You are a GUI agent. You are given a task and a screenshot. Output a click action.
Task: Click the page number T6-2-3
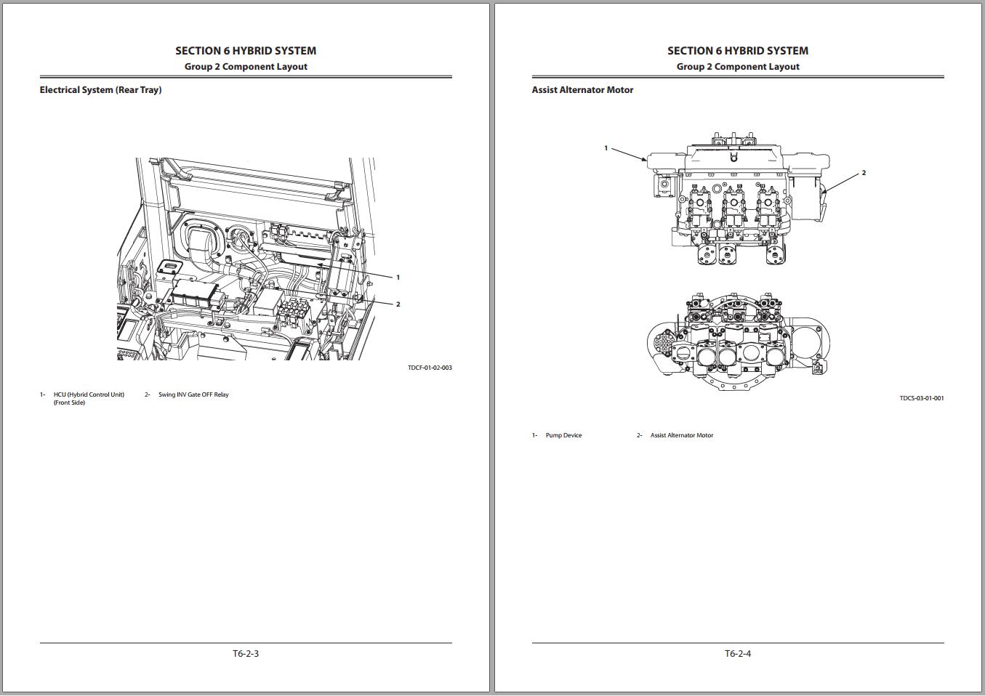coord(246,653)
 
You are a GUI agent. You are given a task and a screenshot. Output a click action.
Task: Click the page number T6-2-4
coord(738,653)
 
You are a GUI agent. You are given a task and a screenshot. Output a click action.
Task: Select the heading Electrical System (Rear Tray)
coord(100,90)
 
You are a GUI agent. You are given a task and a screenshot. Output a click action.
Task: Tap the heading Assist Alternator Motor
coord(582,90)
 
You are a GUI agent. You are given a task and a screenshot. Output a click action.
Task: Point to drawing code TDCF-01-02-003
coord(430,368)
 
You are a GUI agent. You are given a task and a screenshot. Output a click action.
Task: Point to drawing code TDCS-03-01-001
coord(922,398)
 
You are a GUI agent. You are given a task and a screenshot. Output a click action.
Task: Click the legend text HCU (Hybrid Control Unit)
coord(89,394)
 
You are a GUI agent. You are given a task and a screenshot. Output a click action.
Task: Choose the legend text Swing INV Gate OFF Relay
coord(193,394)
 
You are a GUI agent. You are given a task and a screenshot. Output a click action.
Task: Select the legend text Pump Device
coord(563,435)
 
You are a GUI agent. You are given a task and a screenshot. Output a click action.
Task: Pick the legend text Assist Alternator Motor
coord(682,435)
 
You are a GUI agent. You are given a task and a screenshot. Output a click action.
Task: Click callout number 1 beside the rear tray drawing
coord(398,278)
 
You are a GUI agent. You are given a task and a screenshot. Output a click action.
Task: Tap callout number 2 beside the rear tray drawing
coord(398,304)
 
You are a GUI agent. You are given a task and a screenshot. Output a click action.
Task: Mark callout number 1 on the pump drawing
coord(606,148)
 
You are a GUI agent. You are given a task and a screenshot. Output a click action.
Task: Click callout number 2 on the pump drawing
coord(864,173)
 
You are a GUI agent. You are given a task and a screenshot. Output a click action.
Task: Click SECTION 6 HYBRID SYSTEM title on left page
coord(246,51)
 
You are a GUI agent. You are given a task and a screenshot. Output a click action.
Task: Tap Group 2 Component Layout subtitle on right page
coord(738,67)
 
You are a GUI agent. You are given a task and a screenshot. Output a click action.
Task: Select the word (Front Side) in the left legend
coord(69,402)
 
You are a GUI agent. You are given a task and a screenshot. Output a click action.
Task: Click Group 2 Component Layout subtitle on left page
coord(246,67)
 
